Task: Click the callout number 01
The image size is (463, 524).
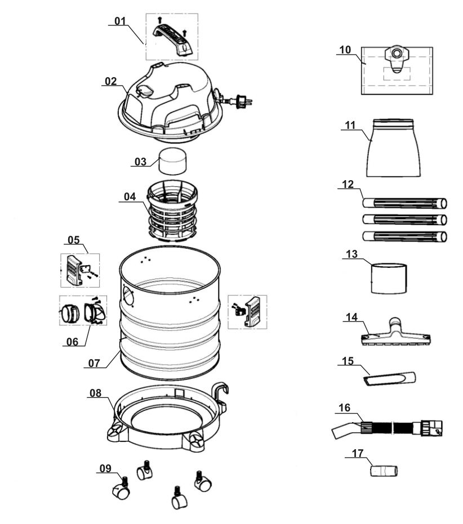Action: (x=120, y=21)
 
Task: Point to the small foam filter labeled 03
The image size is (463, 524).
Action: (x=172, y=162)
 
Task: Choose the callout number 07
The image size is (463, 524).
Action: (x=94, y=364)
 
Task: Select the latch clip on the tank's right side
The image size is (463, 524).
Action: (x=250, y=311)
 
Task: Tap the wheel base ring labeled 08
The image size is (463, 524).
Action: (x=169, y=416)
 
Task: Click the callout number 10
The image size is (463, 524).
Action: (x=345, y=50)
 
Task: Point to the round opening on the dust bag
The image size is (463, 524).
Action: (x=397, y=54)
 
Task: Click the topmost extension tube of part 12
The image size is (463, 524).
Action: (x=404, y=203)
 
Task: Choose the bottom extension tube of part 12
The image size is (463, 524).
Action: (x=404, y=236)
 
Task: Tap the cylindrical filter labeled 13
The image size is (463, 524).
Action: (x=388, y=277)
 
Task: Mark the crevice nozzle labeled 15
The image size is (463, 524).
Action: (x=391, y=378)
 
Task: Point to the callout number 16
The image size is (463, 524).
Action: (x=345, y=407)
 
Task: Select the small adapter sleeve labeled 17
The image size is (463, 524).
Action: (x=384, y=469)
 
